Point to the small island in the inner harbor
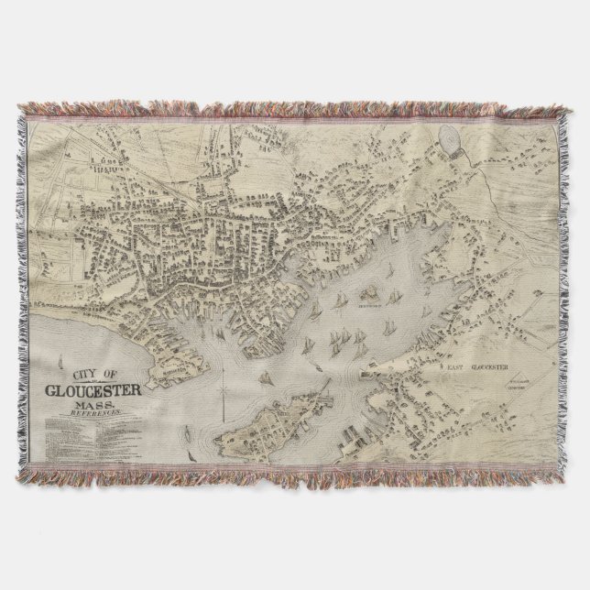tap(371, 295)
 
